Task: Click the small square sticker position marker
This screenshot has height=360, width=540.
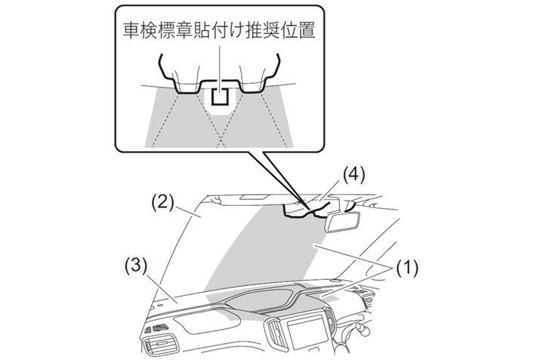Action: tap(220, 96)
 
